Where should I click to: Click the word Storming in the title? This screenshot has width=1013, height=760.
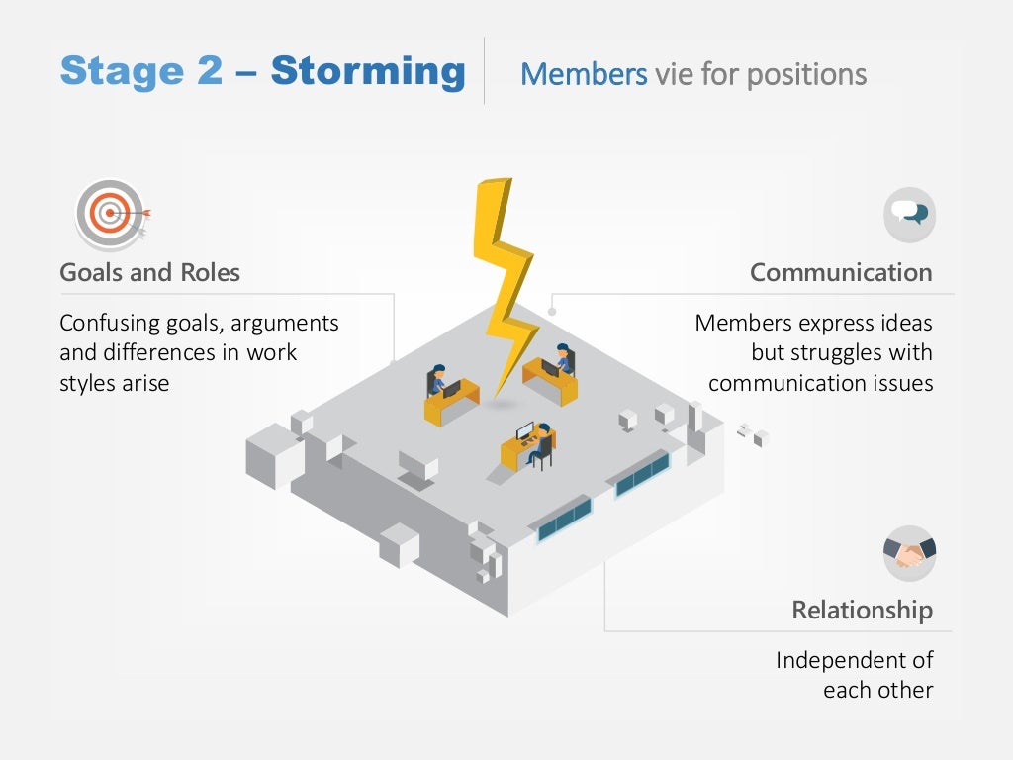pyautogui.click(x=367, y=71)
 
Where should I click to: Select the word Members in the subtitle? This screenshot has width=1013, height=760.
pyautogui.click(x=584, y=74)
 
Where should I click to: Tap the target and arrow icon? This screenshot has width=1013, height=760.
pyautogui.click(x=112, y=213)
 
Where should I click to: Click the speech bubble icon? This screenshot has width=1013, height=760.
pyautogui.click(x=909, y=214)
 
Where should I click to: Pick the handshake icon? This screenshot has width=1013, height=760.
pyautogui.click(x=909, y=553)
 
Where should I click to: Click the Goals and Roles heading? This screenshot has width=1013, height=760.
pyautogui.click(x=149, y=272)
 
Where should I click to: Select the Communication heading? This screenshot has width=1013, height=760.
pyautogui.click(x=841, y=272)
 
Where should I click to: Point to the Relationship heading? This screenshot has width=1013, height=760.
pyautogui.click(x=862, y=610)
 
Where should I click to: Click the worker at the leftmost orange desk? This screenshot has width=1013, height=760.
pyautogui.click(x=436, y=381)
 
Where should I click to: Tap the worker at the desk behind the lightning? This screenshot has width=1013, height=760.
pyautogui.click(x=563, y=357)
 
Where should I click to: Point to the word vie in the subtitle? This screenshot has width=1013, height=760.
pyautogui.click(x=674, y=74)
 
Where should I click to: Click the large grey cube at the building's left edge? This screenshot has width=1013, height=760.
pyautogui.click(x=272, y=454)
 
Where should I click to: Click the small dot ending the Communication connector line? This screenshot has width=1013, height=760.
pyautogui.click(x=552, y=312)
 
